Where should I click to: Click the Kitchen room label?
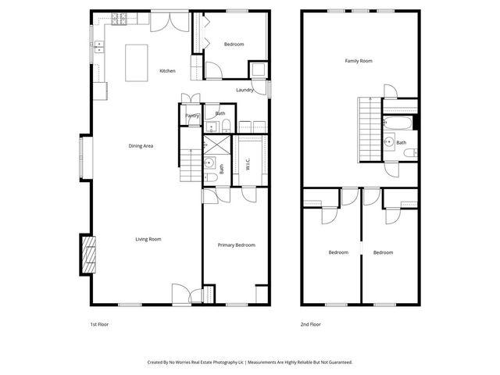(167, 71)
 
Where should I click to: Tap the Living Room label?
(148, 239)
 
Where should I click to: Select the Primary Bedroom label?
(236, 245)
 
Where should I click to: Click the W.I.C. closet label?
(248, 166)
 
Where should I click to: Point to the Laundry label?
(245, 90)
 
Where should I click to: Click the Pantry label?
(192, 116)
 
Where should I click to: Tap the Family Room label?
(359, 60)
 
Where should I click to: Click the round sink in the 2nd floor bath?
(389, 142)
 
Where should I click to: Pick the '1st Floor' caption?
(98, 323)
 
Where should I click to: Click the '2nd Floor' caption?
(310, 323)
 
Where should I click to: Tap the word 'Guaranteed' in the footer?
(337, 362)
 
